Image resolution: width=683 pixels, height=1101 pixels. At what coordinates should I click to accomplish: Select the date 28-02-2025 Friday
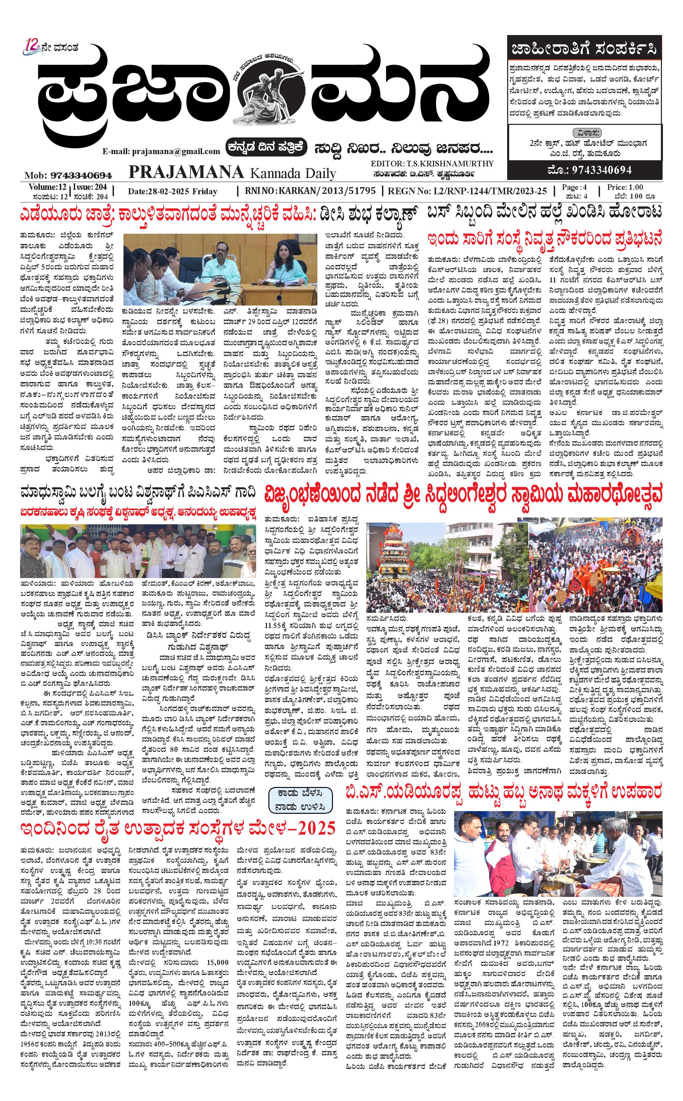[172, 191]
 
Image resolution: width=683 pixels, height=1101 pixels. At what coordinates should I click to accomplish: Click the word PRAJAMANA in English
[186, 172]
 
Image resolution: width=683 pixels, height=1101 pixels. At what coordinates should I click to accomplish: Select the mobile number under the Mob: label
[81, 175]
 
